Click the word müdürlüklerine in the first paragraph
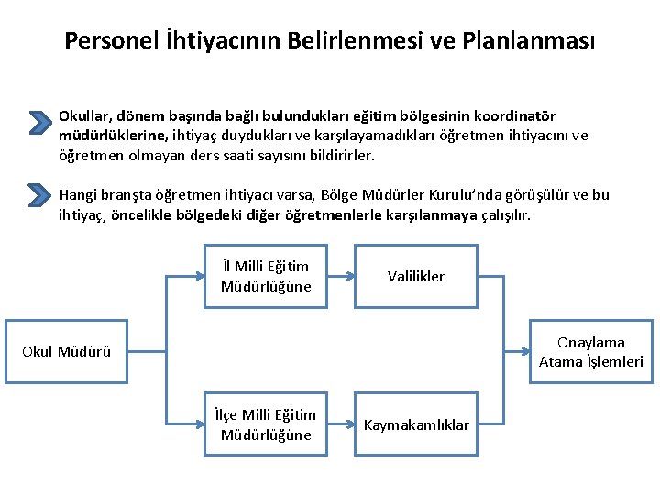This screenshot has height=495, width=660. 112,136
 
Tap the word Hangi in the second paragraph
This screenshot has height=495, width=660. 78,195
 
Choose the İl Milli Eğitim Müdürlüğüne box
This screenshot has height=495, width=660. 266,276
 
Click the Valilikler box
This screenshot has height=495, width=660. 416,276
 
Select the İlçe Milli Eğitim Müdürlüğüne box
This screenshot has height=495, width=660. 266,425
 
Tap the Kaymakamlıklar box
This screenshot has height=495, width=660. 416,425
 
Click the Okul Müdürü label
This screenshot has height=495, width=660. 66,351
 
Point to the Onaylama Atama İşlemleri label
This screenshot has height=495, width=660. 591,351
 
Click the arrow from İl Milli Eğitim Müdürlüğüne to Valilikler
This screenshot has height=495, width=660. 341,276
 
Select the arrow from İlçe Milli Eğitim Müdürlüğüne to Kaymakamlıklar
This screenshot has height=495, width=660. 341,425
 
